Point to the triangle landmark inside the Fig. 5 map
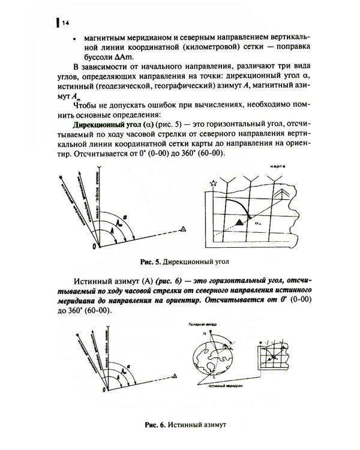click(239, 222)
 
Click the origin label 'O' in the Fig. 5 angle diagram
click(93, 247)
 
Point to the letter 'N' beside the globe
click(203, 332)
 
